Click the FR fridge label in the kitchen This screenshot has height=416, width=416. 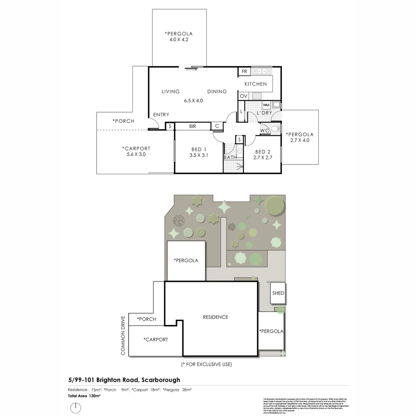click(244, 72)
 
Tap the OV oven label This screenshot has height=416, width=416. click(243, 96)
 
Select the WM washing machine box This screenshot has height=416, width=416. click(266, 105)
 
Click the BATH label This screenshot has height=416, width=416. click(230, 157)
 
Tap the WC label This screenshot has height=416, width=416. click(265, 131)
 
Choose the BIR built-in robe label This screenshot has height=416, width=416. click(193, 126)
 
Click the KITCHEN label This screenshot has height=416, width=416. click(255, 84)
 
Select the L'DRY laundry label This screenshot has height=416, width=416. click(264, 113)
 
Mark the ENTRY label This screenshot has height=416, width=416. click(161, 115)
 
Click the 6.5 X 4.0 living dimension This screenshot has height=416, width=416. click(193, 101)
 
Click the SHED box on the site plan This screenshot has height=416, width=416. click(278, 293)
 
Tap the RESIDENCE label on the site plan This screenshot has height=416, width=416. click(215, 317)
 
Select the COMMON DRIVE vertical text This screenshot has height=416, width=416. click(123, 335)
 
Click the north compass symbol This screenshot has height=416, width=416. click(76, 407)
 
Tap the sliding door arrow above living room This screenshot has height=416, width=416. click(191, 69)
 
